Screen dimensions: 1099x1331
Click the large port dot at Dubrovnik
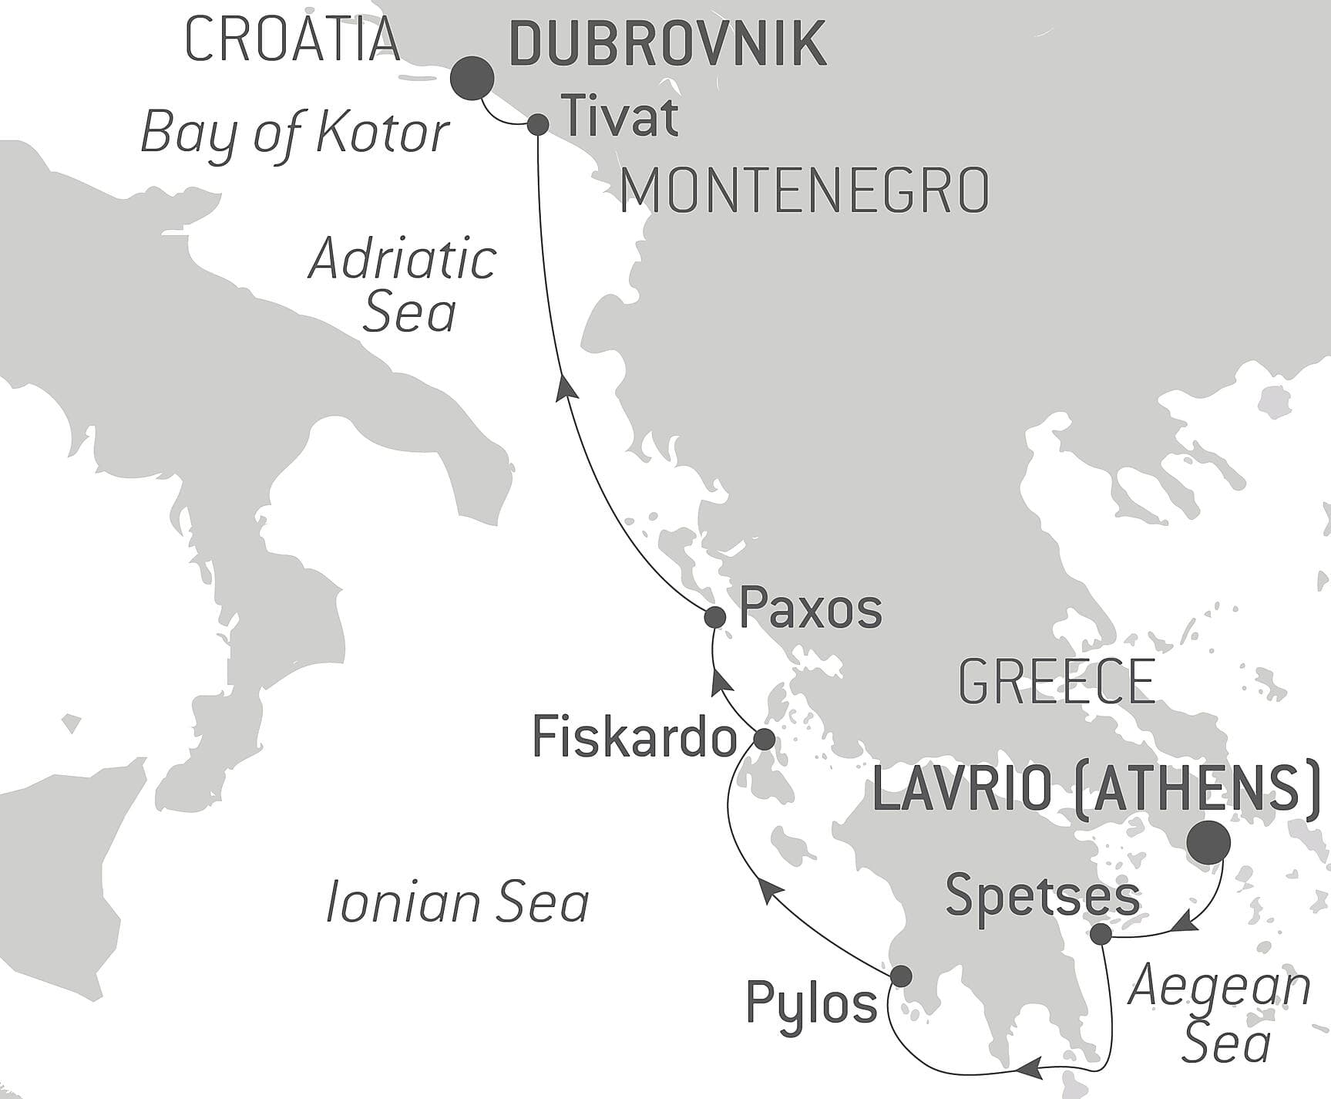click(472, 79)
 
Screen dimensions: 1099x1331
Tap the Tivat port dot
click(538, 124)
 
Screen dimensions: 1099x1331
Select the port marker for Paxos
click(714, 617)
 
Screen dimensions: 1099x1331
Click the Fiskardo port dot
click(763, 739)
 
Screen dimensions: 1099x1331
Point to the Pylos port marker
click(900, 976)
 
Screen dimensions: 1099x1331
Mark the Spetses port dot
click(1101, 934)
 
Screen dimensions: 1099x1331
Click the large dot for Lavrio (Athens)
click(1208, 842)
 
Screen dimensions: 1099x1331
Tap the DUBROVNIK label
click(667, 45)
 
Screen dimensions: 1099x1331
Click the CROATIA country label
click(293, 40)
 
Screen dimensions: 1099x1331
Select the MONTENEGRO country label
click(805, 190)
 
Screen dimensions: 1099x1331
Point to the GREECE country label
click(1057, 682)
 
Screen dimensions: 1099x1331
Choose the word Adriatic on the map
click(402, 259)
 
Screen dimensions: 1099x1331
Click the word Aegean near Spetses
click(1218, 986)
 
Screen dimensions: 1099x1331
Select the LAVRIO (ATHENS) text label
click(1095, 789)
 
